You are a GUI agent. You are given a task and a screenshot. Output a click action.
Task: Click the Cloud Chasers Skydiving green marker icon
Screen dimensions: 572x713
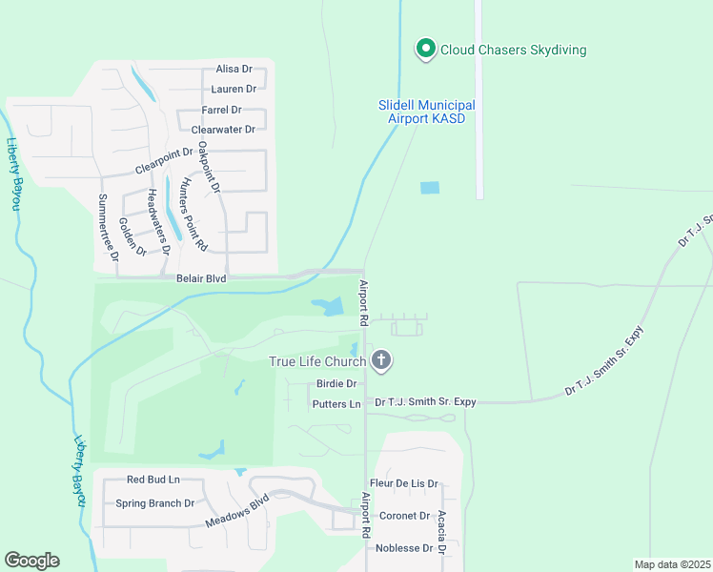(425, 48)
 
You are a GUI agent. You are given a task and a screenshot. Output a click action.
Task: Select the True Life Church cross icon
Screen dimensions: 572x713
(381, 360)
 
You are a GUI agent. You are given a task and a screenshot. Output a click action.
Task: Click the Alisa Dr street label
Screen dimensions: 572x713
(234, 70)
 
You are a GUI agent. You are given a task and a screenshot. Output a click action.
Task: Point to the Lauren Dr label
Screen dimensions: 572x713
(234, 89)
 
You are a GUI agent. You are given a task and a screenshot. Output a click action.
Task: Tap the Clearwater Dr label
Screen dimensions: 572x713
(223, 130)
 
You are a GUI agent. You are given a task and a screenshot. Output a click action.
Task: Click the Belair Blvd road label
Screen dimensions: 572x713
(201, 278)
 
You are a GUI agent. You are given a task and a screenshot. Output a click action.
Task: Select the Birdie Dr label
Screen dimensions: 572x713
(336, 384)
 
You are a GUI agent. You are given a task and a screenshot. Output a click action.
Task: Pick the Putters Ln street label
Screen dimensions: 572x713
(336, 404)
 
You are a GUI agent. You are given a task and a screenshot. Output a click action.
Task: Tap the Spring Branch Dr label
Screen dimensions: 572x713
(154, 503)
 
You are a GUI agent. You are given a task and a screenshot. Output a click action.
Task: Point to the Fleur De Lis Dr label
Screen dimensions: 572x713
(403, 484)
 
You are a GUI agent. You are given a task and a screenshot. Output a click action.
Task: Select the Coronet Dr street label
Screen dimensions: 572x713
(405, 516)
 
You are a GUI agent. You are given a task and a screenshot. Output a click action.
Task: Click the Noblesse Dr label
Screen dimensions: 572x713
(404, 548)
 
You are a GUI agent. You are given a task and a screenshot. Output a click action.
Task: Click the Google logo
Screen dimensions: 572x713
(31, 561)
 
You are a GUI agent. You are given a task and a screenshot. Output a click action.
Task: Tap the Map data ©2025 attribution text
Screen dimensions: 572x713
(671, 564)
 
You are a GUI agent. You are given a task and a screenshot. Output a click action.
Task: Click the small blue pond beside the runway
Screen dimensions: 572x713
(430, 188)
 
